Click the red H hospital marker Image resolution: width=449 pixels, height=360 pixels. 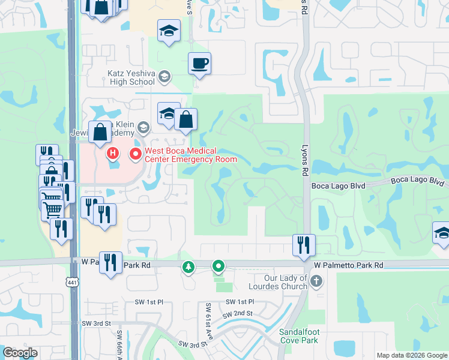tap(112, 154)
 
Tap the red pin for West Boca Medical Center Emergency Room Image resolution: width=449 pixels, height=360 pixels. tap(135, 154)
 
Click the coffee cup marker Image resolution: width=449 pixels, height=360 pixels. tap(199, 63)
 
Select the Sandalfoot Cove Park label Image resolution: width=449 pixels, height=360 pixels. tap(298, 336)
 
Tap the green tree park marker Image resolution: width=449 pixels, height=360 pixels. tap(189, 266)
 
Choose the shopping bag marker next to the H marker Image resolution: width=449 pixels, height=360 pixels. tap(100, 131)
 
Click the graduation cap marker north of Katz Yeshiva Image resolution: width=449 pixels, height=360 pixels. tap(169, 31)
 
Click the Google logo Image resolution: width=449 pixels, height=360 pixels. tap(20, 353)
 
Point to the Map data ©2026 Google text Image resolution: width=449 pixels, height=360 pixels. tap(412, 355)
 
